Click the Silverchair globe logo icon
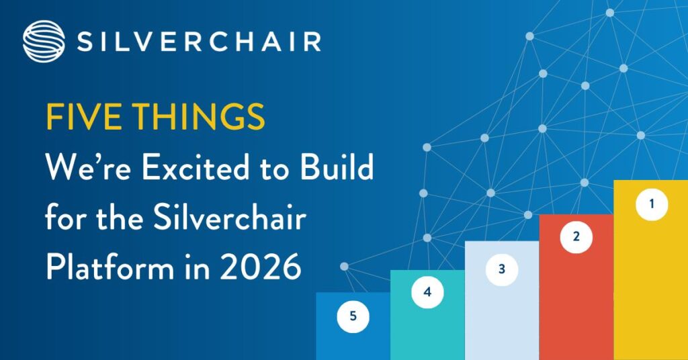tap(43, 41)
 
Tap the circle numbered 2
tap(576, 236)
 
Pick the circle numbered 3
tap(501, 269)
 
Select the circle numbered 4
tap(427, 292)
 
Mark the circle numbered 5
tap(353, 315)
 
